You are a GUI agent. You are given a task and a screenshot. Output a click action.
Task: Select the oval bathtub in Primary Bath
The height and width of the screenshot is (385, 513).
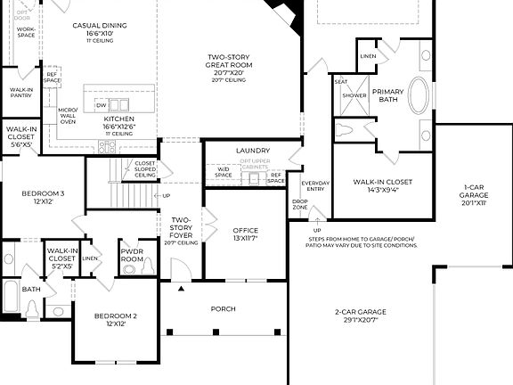click(419, 94)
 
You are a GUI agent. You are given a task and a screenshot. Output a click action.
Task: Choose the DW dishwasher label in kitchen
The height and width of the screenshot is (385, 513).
click(101, 105)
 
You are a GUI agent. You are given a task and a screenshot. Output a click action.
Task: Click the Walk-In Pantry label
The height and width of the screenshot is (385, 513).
click(20, 94)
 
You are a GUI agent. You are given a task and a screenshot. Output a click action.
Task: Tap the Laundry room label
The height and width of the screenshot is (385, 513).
click(252, 151)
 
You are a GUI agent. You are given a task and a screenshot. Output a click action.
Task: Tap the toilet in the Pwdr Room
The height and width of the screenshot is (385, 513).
click(130, 268)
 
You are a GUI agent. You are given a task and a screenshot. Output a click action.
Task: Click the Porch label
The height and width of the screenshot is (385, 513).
click(223, 309)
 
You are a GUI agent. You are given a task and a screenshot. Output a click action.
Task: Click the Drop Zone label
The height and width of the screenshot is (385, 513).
click(300, 205)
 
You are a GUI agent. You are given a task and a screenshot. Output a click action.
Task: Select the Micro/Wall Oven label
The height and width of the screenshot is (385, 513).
click(68, 116)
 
